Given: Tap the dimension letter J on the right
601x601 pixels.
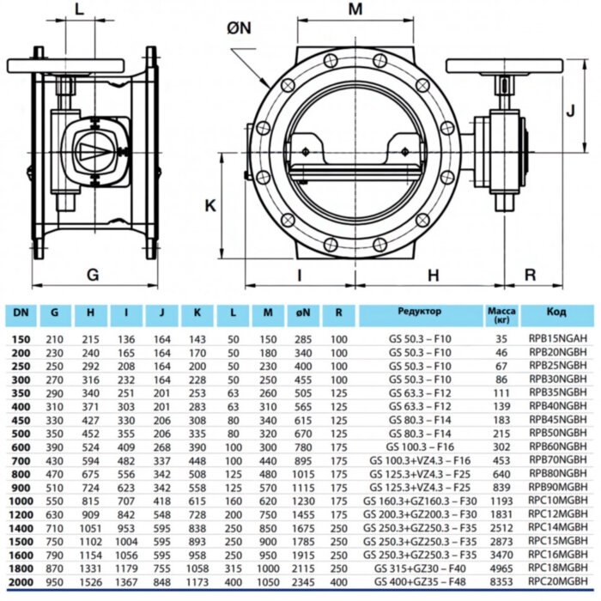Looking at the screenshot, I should [x=569, y=110].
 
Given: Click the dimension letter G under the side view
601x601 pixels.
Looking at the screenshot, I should [x=94, y=275].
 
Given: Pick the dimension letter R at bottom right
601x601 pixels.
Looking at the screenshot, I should [x=530, y=275].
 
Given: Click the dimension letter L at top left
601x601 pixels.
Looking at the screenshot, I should [x=79, y=9].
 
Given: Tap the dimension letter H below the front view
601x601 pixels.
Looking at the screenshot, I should [x=434, y=275].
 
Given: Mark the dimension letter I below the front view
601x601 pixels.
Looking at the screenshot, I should [x=299, y=275].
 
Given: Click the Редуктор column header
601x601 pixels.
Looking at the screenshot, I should [x=420, y=312].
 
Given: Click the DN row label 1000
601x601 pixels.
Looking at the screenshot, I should [x=21, y=500].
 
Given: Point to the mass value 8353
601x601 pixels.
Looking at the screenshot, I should [x=500, y=583].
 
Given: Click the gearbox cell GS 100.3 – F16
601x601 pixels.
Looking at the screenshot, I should [x=420, y=446].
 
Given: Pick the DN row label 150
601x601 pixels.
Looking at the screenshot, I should [x=21, y=339].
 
